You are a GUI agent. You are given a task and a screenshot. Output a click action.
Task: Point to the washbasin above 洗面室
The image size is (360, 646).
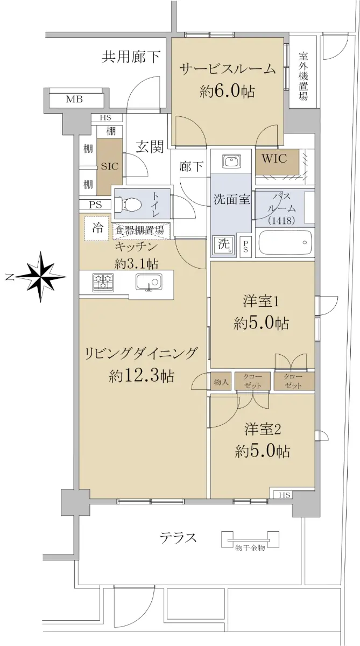232,161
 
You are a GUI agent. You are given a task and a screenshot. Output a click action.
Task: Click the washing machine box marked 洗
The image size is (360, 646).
224,245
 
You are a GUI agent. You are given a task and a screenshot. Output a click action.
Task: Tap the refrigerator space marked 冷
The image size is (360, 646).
97,228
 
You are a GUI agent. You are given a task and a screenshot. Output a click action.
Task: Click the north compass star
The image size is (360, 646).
41,277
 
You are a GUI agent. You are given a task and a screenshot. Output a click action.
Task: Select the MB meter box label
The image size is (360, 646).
75,100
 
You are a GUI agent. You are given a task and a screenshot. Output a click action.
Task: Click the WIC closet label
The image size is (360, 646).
274,158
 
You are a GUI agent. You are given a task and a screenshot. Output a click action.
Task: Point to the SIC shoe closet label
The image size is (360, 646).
110,166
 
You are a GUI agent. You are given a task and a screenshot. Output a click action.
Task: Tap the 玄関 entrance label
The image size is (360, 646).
150,147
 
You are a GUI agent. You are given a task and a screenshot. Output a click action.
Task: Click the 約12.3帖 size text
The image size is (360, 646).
141,376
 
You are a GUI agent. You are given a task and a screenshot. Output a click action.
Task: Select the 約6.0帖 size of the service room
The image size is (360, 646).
227,92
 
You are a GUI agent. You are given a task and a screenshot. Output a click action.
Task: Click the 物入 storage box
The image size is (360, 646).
221,382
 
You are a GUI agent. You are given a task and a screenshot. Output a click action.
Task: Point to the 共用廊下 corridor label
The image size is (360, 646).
131,57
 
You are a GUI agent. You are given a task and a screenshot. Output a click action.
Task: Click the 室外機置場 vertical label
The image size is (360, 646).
303,76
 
